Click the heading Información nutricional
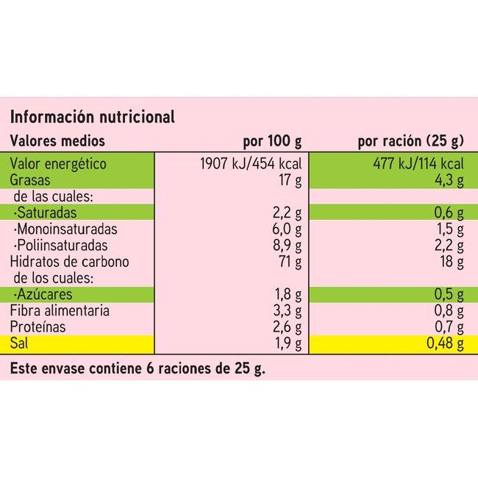(92, 117)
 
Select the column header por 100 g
(272, 141)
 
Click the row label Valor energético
(58, 163)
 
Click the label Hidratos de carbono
(69, 262)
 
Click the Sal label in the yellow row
(18, 343)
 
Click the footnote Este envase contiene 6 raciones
(137, 368)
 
